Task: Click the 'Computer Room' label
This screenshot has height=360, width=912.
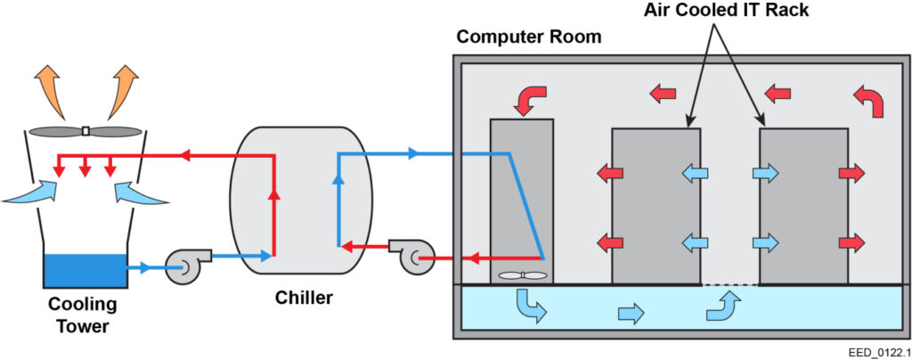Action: click(x=528, y=37)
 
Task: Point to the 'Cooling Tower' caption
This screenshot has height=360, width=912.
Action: click(x=82, y=315)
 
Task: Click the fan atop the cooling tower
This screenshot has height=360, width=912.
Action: click(x=85, y=132)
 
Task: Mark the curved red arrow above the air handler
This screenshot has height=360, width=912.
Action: click(x=531, y=98)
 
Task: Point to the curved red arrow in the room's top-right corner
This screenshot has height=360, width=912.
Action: click(x=870, y=99)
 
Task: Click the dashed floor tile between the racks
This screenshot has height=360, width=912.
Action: click(x=729, y=285)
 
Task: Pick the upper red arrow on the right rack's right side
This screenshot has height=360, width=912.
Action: click(x=851, y=173)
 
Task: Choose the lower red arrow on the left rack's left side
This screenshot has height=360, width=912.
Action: click(x=610, y=241)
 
